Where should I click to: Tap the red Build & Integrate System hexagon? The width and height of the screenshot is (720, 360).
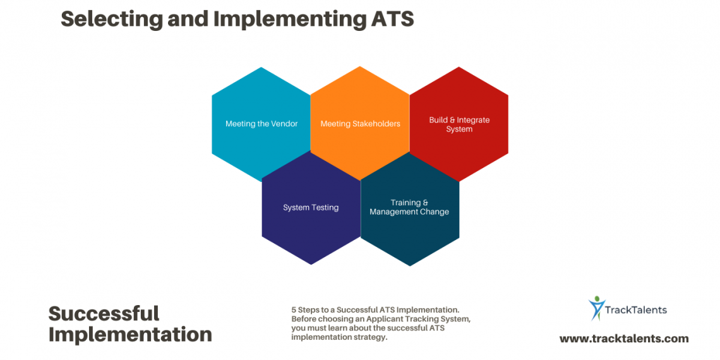point(459,124)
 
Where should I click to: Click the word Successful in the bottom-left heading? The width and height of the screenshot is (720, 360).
point(104,313)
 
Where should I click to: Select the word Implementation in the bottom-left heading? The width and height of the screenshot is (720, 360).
point(130,335)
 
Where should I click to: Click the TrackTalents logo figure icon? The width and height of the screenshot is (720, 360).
point(596,308)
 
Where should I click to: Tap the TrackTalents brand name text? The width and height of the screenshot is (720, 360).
point(637,309)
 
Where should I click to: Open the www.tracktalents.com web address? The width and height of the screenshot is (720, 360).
point(624,339)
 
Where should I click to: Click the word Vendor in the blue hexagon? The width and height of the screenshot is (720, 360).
point(285,124)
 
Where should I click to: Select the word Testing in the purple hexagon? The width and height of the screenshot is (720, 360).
point(325,208)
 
